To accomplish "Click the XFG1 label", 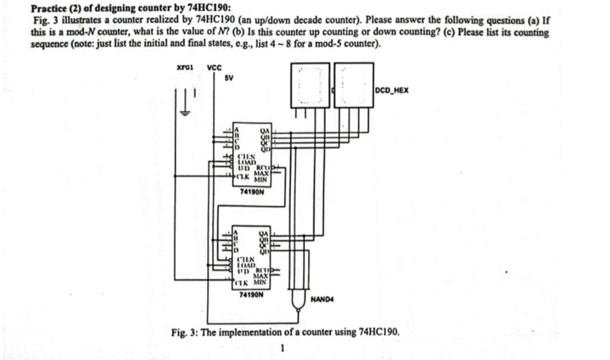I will tap(185, 68).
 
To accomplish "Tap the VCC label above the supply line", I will tap(214, 68).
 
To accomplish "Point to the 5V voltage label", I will tap(229, 78).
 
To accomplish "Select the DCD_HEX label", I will tap(393, 91).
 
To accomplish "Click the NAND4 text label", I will tap(322, 299).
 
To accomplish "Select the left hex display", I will tap(310, 85).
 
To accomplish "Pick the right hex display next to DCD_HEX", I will tap(354, 85).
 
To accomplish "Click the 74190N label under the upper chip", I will tap(251, 192).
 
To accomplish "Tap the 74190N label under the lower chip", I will tap(251, 294).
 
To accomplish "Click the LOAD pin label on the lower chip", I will tap(246, 264).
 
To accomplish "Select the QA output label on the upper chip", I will tap(265, 131).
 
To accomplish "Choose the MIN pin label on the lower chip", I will tap(260, 283).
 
